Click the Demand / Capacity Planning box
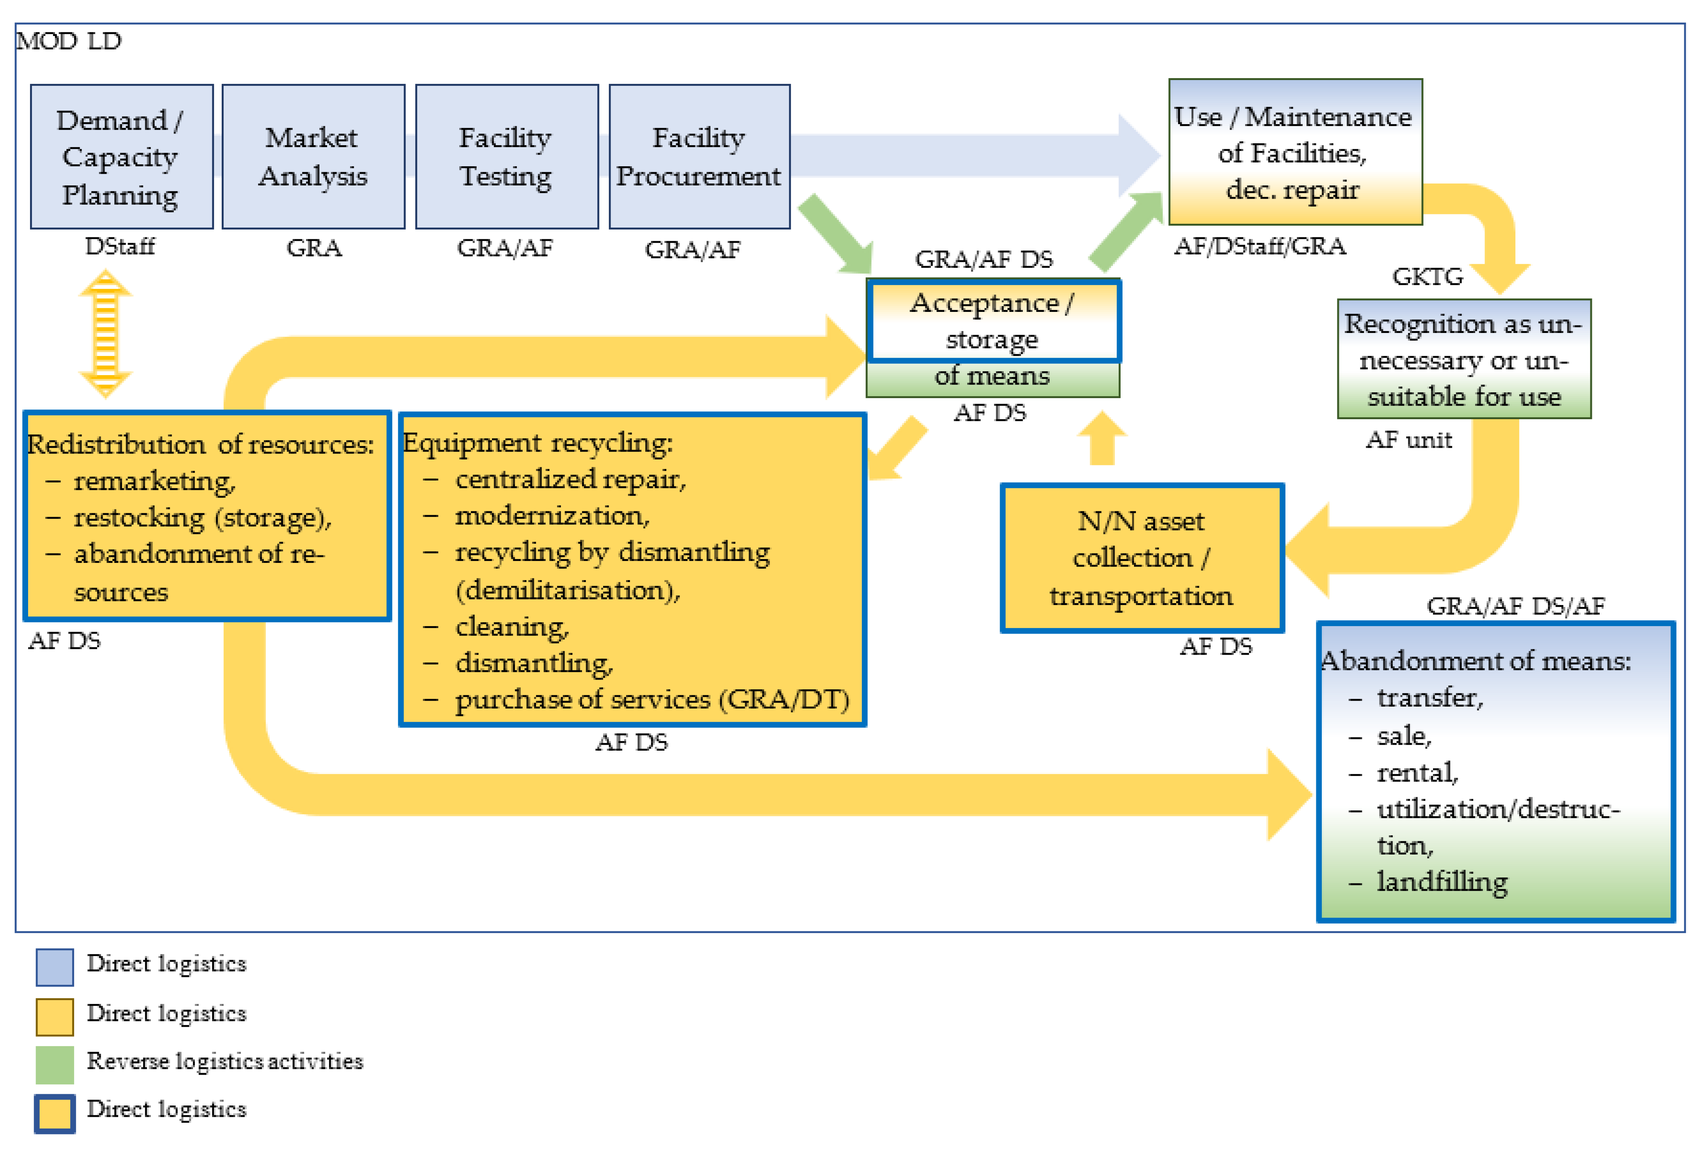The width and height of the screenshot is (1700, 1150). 121,157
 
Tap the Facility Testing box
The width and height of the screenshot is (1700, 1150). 506,157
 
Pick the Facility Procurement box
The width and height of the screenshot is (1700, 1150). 699,157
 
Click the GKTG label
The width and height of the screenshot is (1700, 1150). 1426,276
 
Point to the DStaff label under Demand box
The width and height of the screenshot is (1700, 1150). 120,247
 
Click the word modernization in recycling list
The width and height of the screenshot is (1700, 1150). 552,516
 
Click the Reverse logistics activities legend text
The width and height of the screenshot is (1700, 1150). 224,1061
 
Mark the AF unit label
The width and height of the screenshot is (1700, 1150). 1408,440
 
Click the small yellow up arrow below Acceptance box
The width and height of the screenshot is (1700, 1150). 1102,439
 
